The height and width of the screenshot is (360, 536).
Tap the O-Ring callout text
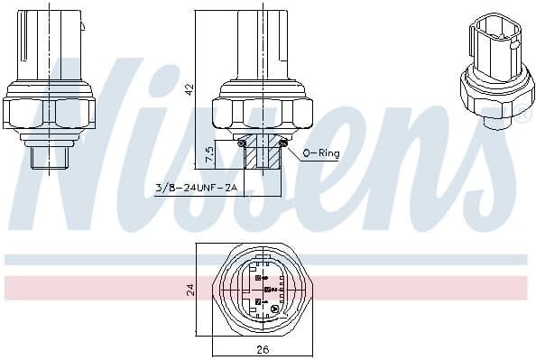(x=321, y=154)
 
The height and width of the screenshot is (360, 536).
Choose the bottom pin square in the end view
(x=258, y=302)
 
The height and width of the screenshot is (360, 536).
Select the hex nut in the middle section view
(x=263, y=112)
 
